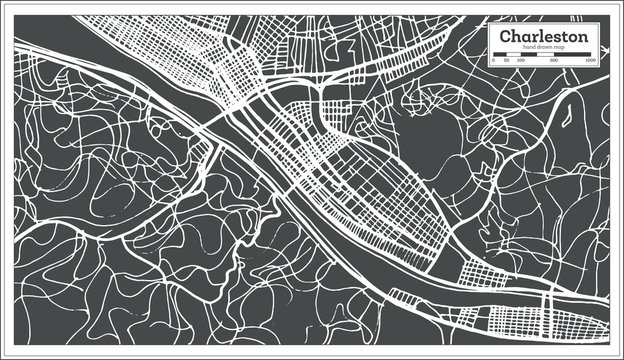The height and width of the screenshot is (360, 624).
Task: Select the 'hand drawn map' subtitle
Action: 545,48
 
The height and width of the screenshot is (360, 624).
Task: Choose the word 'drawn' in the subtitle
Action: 546,48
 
